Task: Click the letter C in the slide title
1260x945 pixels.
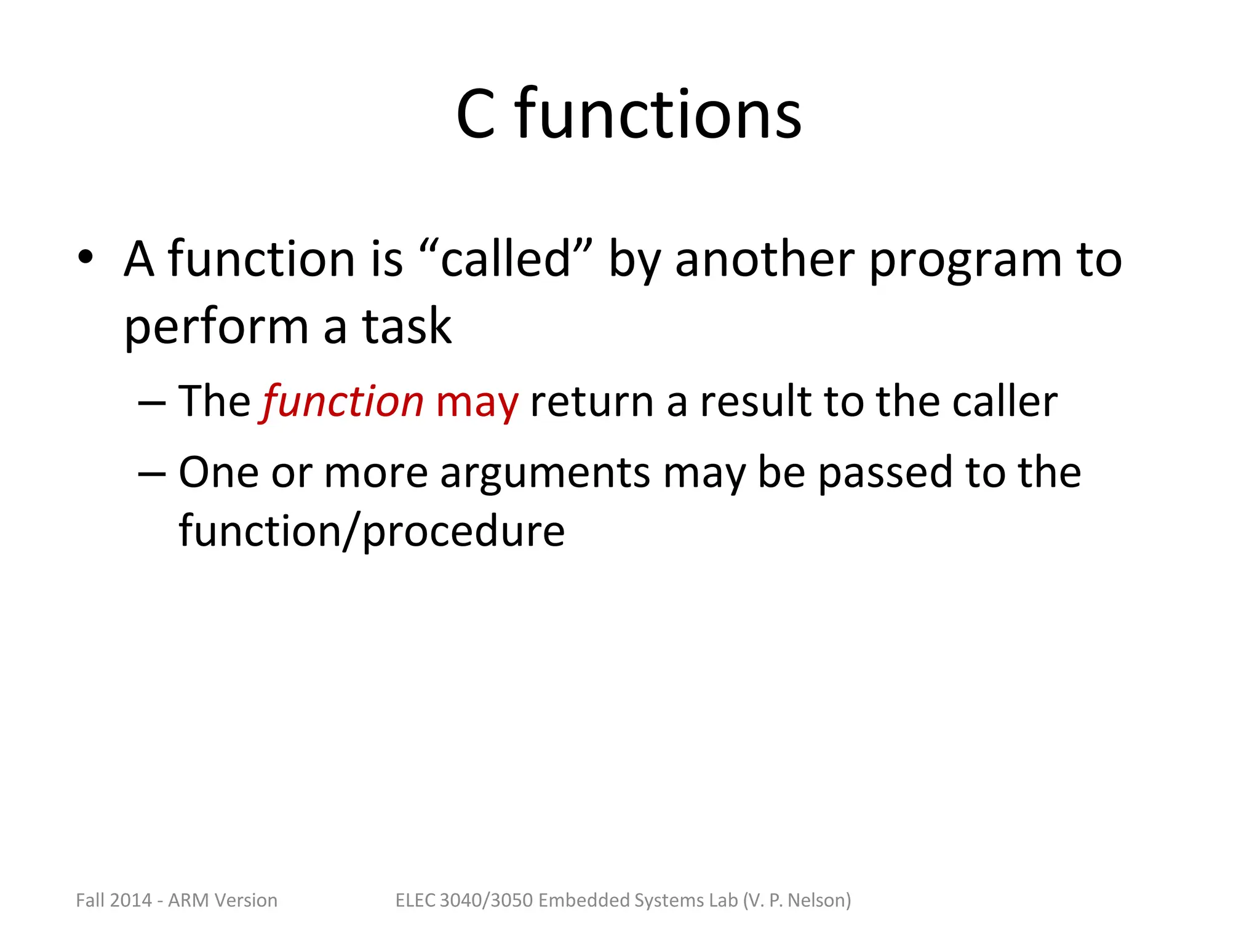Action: pos(476,114)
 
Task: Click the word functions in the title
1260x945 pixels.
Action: pos(658,114)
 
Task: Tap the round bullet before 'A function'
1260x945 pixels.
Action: pos(86,258)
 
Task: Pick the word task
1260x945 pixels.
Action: pos(407,326)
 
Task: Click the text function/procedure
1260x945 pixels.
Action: pos(372,531)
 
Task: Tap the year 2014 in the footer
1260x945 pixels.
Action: pos(131,900)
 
